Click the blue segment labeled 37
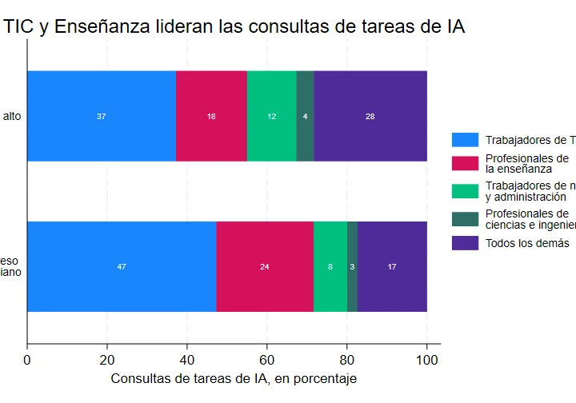click(x=102, y=116)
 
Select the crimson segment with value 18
click(x=211, y=116)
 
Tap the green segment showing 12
click(x=272, y=116)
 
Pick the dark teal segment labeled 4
click(x=305, y=116)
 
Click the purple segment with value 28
click(x=370, y=116)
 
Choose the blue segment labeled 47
click(x=122, y=266)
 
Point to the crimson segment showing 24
click(x=265, y=266)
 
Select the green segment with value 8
click(x=330, y=266)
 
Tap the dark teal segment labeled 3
click(x=352, y=266)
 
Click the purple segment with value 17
click(x=392, y=266)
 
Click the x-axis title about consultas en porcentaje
click(x=233, y=378)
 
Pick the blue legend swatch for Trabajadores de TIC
click(x=465, y=140)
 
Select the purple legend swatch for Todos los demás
click(x=465, y=242)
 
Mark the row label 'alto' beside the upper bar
click(x=12, y=116)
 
